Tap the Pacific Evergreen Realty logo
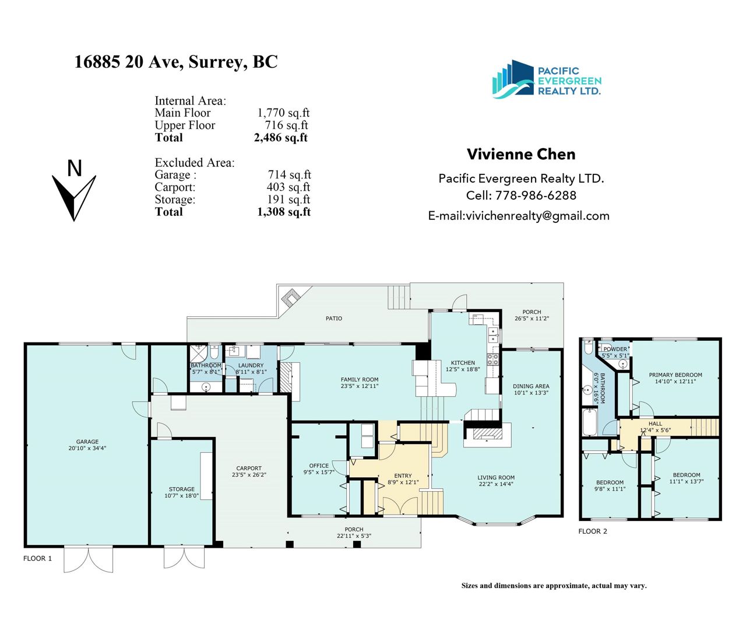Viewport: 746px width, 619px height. tap(547, 79)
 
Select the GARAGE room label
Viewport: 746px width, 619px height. tap(87, 442)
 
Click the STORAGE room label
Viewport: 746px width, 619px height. tap(182, 489)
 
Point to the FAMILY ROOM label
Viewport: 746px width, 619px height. tap(360, 379)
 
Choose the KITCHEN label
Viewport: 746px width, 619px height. tap(463, 363)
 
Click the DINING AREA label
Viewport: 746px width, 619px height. tap(531, 386)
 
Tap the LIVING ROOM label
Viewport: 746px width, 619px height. tap(496, 477)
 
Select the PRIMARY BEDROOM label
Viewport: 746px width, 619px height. tap(675, 375)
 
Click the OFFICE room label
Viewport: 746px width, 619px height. tap(319, 466)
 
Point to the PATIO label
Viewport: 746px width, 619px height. tap(334, 319)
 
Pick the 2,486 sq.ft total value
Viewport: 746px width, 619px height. tap(281, 137)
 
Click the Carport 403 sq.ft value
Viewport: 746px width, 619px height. tap(288, 187)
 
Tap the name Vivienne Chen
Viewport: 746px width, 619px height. tap(521, 154)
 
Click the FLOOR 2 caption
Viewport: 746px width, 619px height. tap(593, 531)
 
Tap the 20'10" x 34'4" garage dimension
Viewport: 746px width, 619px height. tap(87, 448)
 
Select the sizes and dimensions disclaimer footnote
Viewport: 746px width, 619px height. tap(554, 585)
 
